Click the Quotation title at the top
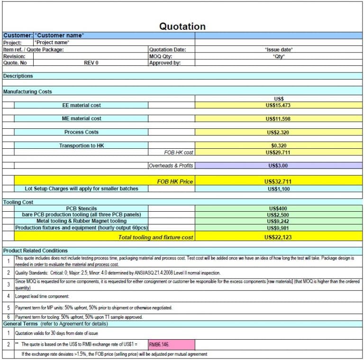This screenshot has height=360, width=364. coord(182,27)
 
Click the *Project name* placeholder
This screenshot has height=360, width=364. coord(52,43)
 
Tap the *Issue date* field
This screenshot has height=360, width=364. coord(279,49)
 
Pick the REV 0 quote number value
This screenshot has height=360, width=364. coord(91,63)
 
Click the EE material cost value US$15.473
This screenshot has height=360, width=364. coord(278,105)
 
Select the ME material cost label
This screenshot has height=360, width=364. coord(82,118)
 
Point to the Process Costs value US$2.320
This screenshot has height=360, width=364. coord(278,132)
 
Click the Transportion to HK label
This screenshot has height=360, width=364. coord(82,145)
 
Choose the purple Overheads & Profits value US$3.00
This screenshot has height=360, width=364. coord(278,166)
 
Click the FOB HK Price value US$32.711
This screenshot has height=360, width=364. coord(278,181)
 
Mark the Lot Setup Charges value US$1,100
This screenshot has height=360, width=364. coord(278,189)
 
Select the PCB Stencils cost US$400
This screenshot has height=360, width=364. coord(278,208)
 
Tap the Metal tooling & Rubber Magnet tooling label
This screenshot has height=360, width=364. coord(82,221)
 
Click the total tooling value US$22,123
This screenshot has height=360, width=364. coord(278,237)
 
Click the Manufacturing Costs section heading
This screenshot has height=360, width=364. coord(27,91)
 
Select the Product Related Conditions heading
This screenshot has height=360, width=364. coord(36,251)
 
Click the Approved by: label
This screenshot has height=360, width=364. coord(165,63)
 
